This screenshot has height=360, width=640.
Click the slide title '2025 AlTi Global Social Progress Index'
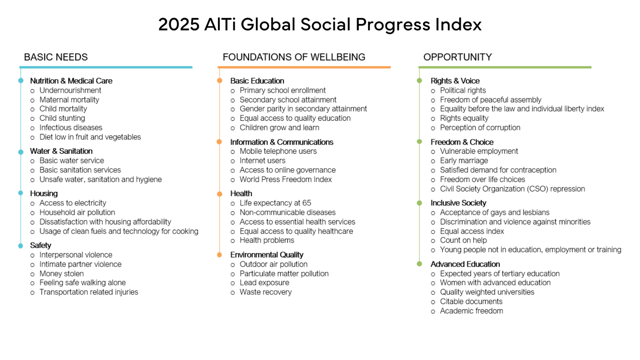320,24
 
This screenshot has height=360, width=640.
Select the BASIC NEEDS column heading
56,57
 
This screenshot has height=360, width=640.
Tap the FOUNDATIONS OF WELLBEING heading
294,57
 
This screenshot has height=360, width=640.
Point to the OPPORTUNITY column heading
457,57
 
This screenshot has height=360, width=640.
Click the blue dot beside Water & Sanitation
21,152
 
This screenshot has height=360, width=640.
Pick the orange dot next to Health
220,194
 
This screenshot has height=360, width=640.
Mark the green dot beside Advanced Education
419,264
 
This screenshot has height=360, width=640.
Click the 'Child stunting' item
62,118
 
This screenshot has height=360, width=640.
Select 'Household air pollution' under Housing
77,212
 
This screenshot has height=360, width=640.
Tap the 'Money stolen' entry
62,274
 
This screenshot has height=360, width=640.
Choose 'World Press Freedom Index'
286,180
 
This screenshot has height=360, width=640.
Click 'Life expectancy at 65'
275,203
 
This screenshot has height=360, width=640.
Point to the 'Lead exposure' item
264,283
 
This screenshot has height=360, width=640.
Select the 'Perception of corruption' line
480,128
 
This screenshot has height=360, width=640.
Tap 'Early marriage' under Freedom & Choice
464,161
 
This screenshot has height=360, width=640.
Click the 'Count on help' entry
463,240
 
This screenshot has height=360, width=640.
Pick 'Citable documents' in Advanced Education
471,302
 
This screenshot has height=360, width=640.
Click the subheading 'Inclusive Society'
458,203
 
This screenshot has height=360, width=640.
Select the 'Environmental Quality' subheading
266,255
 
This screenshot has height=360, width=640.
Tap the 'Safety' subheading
40,246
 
